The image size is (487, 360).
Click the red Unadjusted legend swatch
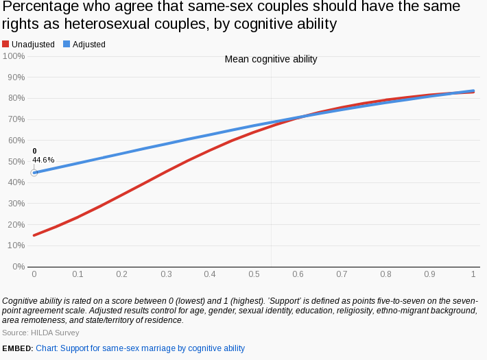pos(6,45)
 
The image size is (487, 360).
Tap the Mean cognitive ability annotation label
pos(271,60)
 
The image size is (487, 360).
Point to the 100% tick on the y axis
pos(14,56)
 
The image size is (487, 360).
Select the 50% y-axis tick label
pos(16,161)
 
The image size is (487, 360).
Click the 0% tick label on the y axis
pos(18,266)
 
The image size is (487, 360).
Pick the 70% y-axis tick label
pos(16,119)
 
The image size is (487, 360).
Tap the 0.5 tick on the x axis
pos(254,274)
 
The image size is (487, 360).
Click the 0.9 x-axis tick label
pos(429,274)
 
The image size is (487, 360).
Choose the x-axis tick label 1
pos(473,274)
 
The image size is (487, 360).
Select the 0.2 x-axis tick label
pos(122,274)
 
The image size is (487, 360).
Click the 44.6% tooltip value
pos(43,160)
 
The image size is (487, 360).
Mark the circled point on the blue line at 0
pos(34,173)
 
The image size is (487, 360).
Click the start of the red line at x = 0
pos(34,235)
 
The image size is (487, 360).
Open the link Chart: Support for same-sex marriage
pos(140,348)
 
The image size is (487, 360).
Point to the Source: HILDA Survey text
pos(40,333)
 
